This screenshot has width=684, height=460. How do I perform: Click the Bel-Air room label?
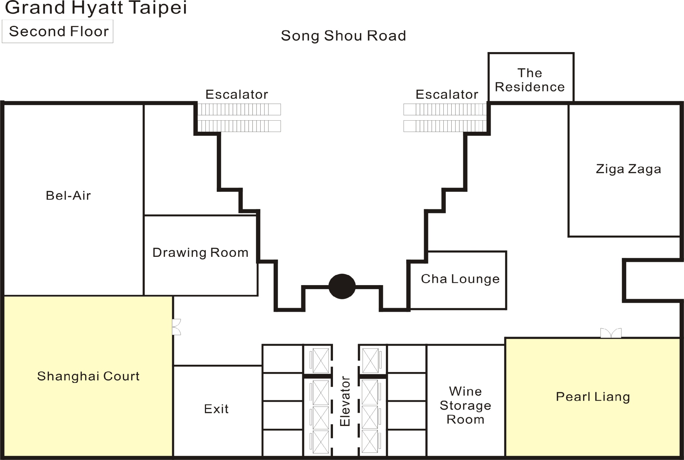[68, 196]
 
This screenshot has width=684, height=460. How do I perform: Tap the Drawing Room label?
[200, 253]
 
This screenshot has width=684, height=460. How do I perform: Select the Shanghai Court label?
[88, 376]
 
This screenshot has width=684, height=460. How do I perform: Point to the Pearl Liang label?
[593, 397]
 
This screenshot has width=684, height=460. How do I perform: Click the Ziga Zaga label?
[628, 169]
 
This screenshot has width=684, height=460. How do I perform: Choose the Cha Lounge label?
[460, 279]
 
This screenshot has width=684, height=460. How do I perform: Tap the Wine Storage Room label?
[465, 405]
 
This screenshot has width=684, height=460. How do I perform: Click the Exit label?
[216, 409]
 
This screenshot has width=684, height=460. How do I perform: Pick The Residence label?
[530, 80]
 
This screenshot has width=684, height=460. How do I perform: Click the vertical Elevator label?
[345, 401]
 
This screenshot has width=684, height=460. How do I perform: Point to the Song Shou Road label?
[343, 36]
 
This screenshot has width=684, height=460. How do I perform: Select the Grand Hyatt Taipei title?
[96, 8]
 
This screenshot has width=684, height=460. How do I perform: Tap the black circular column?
[342, 286]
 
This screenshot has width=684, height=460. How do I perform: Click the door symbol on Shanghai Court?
[176, 327]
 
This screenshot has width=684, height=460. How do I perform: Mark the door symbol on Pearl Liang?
[611, 333]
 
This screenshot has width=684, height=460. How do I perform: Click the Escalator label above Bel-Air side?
[237, 94]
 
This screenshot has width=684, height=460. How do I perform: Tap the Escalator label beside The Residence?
[447, 94]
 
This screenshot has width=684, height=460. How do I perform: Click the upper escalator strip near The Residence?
[445, 110]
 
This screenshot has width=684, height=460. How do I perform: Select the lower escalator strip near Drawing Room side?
[239, 126]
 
